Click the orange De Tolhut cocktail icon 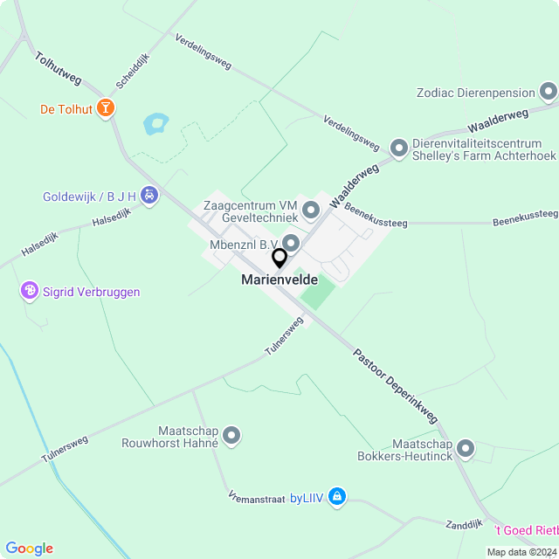pyautogui.click(x=106, y=109)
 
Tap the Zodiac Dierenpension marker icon pyautogui.click(x=549, y=91)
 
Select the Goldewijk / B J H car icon pyautogui.click(x=149, y=196)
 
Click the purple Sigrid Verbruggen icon pyautogui.click(x=30, y=292)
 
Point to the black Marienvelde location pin pyautogui.click(x=279, y=259)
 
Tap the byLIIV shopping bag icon pyautogui.click(x=337, y=498)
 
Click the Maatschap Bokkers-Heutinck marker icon pyautogui.click(x=466, y=449)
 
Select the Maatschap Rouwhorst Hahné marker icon pyautogui.click(x=231, y=434)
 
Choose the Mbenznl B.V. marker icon pyautogui.click(x=291, y=242)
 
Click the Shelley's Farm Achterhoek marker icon pyautogui.click(x=399, y=148)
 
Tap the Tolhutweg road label pyautogui.click(x=59, y=68)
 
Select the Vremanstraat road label pyautogui.click(x=257, y=498)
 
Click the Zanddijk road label pyautogui.click(x=463, y=524)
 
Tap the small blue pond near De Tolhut pyautogui.click(x=155, y=123)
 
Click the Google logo pyautogui.click(x=29, y=548)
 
